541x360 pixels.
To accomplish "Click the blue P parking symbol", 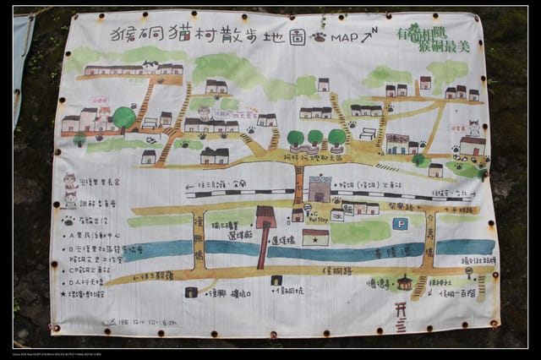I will (400, 224).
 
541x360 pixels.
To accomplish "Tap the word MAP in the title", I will (344, 38).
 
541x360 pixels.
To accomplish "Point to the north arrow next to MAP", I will (369, 35).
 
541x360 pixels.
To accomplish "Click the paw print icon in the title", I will (319, 38).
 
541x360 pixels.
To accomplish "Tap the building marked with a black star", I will (315, 237).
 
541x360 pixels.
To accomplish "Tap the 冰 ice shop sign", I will (336, 215).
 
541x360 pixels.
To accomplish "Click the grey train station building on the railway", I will (320, 189).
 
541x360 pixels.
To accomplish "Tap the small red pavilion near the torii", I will (405, 282).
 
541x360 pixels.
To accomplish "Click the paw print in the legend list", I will (68, 221).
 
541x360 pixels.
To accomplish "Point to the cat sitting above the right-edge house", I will (474, 128).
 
